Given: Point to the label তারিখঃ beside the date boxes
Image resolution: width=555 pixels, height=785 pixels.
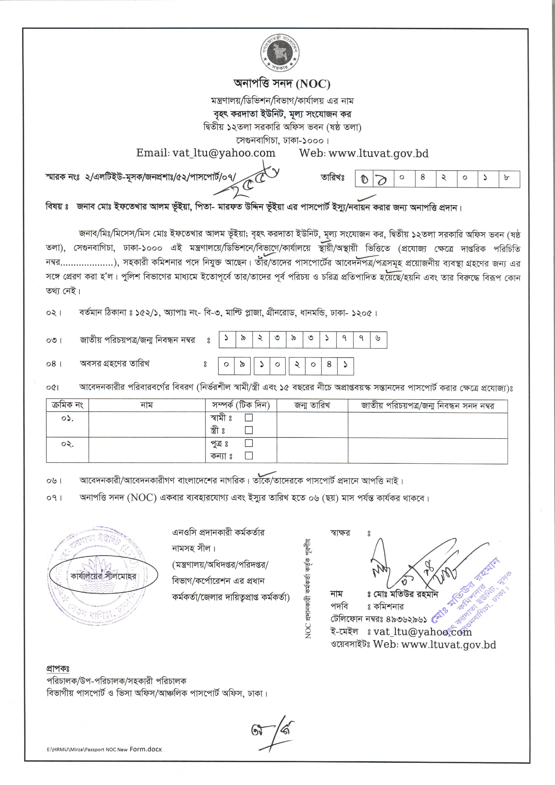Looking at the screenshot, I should (x=332, y=178).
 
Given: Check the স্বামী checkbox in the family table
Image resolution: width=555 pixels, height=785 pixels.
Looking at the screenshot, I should (x=249, y=418).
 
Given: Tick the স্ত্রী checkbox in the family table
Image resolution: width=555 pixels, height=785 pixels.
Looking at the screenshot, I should (x=249, y=430).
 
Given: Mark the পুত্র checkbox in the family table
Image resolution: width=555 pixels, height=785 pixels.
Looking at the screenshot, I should (x=249, y=443).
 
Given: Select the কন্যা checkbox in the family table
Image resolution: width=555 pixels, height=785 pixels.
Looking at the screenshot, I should (x=249, y=456).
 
